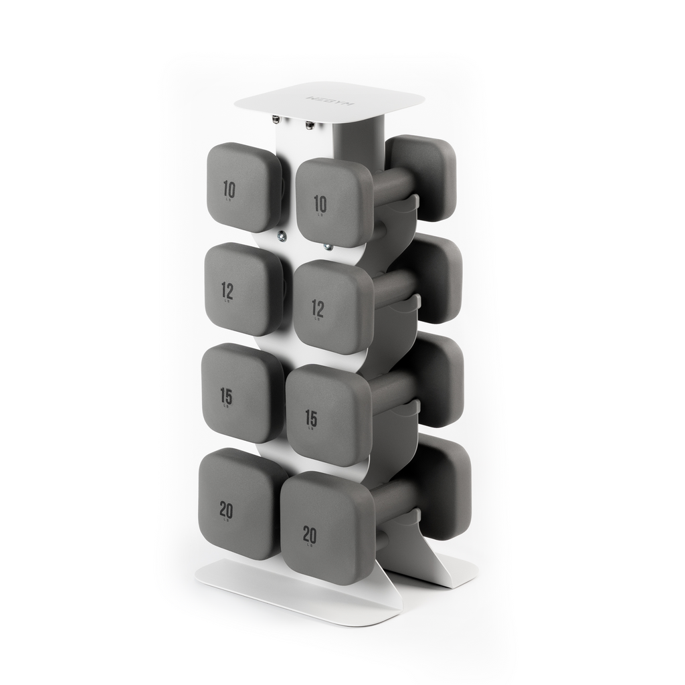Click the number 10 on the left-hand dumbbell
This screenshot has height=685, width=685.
pyautogui.click(x=229, y=190)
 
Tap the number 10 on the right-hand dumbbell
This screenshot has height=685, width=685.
pyautogui.click(x=320, y=203)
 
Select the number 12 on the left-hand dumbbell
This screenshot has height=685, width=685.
pyautogui.click(x=227, y=290)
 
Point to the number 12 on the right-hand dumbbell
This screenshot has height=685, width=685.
pyautogui.click(x=318, y=308)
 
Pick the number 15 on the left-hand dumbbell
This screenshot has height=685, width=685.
pyautogui.click(x=226, y=396)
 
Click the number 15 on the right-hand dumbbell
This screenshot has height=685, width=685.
pyautogui.click(x=311, y=419)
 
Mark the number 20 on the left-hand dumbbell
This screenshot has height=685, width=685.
pyautogui.click(x=226, y=510)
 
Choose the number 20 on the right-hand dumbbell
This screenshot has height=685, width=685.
pyautogui.click(x=309, y=534)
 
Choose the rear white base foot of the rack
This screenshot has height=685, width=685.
pyautogui.click(x=455, y=569)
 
